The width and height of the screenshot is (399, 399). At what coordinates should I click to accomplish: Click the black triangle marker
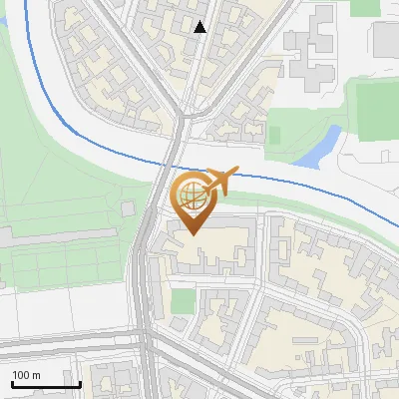pos(200,28)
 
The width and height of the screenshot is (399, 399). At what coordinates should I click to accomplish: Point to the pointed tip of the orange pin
pos(191,233)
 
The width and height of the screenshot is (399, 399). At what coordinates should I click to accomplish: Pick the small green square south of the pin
pos(183,301)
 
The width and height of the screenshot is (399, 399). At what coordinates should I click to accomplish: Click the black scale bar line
pos(46,385)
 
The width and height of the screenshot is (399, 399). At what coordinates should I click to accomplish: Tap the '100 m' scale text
pos(26,376)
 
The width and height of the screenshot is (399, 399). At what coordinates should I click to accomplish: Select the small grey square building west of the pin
pos(127,209)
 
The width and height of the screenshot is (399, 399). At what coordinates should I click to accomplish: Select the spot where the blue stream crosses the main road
pos(170,166)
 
